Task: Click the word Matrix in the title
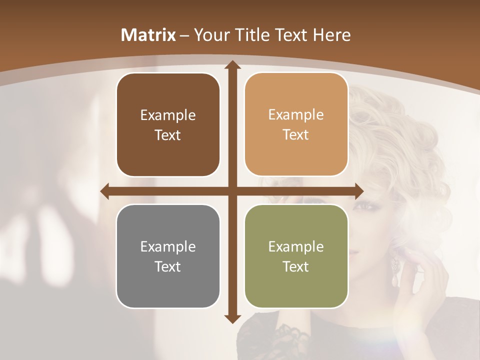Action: click(x=148, y=35)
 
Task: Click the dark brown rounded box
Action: click(x=168, y=125)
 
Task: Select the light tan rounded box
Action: click(x=296, y=124)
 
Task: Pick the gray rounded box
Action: click(x=168, y=256)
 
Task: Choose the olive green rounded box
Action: click(x=296, y=256)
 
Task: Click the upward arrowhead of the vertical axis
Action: click(x=232, y=65)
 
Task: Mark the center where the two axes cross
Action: click(x=232, y=191)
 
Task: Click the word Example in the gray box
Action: click(x=168, y=246)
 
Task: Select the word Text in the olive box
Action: click(x=296, y=266)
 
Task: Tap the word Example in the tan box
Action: click(x=296, y=115)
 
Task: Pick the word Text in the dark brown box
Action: click(x=168, y=135)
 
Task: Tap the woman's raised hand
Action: click(x=425, y=280)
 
